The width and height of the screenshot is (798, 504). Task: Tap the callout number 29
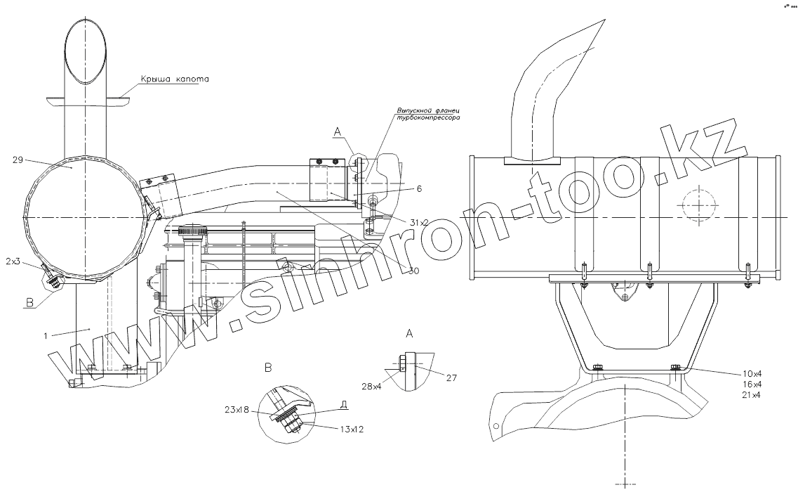[x=18, y=160]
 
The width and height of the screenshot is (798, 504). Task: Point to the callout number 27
[x=451, y=377]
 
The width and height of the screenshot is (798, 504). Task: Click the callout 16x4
[x=752, y=385]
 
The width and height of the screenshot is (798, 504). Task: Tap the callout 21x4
[x=752, y=396]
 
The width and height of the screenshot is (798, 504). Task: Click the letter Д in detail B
[x=344, y=404]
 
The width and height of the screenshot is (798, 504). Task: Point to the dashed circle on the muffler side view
[x=698, y=205]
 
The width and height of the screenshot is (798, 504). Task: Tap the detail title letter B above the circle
[x=267, y=367]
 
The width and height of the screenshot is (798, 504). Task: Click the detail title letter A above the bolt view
[x=409, y=332]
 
